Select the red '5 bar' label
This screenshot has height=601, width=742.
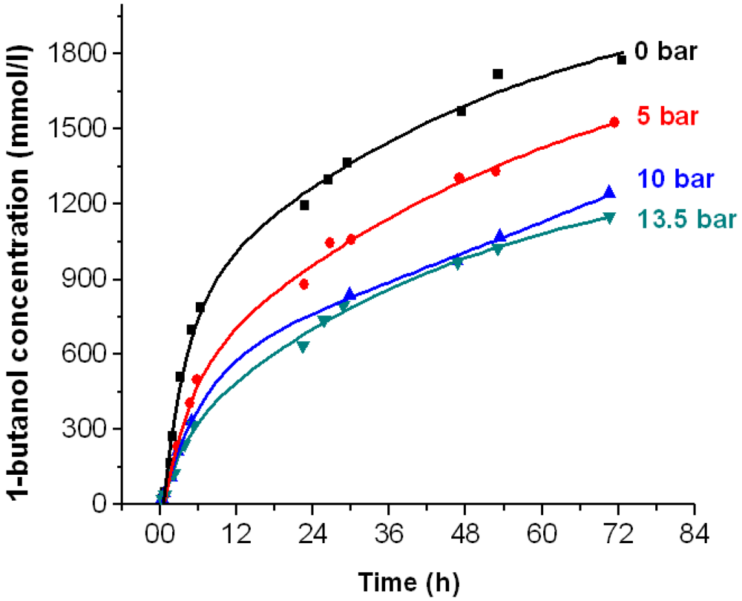[667, 116]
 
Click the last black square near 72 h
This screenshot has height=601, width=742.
[622, 59]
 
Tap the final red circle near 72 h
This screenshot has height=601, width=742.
[614, 122]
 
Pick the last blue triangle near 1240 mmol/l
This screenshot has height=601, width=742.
[609, 192]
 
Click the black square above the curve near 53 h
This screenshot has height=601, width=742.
[498, 73]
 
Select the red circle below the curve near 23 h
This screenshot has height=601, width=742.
[303, 284]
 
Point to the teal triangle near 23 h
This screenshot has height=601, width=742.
[303, 347]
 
